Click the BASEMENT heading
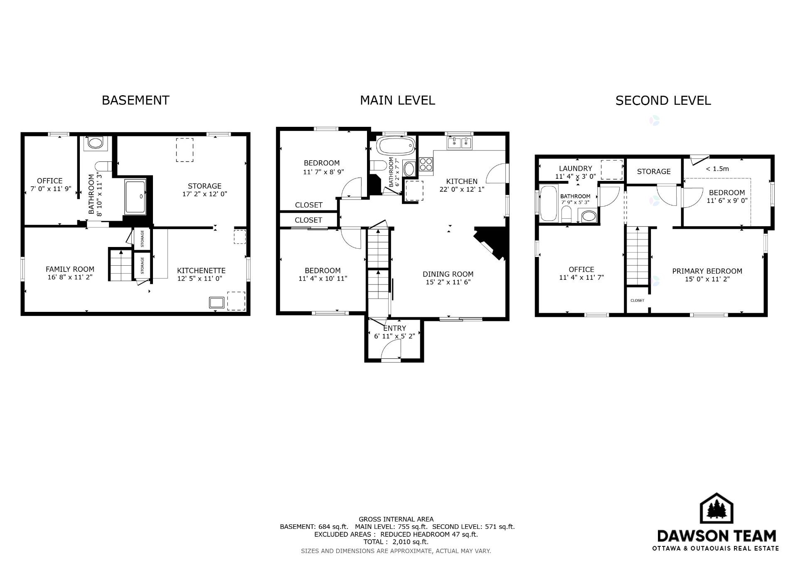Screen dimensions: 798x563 coord(135,100)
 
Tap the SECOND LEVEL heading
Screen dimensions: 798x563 coord(663,101)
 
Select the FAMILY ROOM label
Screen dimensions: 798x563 coord(70,269)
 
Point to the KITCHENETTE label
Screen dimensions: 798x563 coord(201,270)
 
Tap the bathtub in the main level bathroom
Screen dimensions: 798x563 coord(396,146)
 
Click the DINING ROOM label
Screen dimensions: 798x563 coord(448,274)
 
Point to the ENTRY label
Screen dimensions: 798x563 coord(394,328)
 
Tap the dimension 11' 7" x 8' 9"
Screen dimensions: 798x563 coord(323,172)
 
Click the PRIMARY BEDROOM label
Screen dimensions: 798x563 coord(707,271)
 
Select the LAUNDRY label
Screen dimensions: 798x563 coord(575,168)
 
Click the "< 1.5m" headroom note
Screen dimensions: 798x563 coord(717,169)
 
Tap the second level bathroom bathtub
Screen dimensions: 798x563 coord(548,203)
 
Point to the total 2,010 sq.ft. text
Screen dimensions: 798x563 coord(396,542)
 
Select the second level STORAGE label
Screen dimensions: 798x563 coord(654,171)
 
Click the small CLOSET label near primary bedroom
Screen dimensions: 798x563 coord(637,300)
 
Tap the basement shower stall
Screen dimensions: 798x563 coord(135,197)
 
